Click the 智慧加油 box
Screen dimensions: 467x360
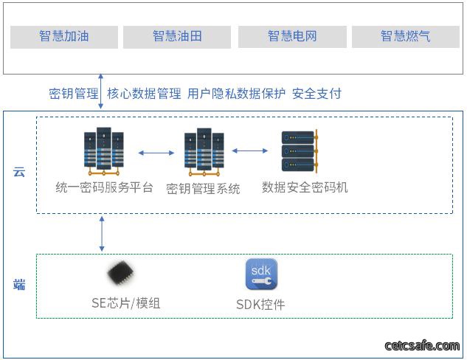(x=64, y=37)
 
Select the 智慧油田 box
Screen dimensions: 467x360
(x=177, y=37)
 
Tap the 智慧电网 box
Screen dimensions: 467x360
(x=292, y=37)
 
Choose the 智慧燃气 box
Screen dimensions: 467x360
(x=406, y=37)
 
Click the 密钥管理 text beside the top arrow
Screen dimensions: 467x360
(x=74, y=94)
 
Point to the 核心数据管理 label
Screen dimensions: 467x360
(x=144, y=94)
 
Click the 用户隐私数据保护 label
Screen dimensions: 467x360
(x=236, y=94)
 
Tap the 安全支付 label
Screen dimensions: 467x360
(x=316, y=94)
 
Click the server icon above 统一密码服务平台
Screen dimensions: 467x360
(x=103, y=151)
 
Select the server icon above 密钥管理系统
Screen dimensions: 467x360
(x=204, y=152)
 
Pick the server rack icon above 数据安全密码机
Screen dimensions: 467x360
(x=300, y=151)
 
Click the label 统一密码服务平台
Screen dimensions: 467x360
(x=104, y=187)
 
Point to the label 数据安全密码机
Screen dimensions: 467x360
(x=305, y=187)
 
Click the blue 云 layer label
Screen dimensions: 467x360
(x=19, y=172)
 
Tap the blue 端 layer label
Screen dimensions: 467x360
(x=19, y=284)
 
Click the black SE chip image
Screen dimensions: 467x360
(x=121, y=273)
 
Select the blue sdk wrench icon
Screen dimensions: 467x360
(x=261, y=274)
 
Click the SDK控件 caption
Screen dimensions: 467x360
(x=260, y=305)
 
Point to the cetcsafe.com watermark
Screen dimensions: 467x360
(x=422, y=346)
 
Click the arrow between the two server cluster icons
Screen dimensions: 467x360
(x=156, y=153)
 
